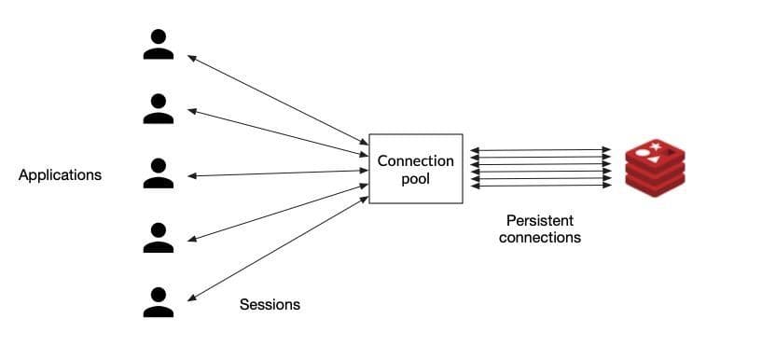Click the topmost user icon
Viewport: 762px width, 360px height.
[x=158, y=45]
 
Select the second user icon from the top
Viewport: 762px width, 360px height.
[x=158, y=108]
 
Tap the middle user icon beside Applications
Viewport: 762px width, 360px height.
[x=158, y=173]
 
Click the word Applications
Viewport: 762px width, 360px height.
[x=60, y=174]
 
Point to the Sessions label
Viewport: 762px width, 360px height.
[x=270, y=305]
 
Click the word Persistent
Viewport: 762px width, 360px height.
[x=539, y=220]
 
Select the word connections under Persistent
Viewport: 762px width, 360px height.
[x=539, y=238]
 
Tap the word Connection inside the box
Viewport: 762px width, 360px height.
[x=415, y=160]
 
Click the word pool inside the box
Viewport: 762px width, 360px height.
[x=415, y=178]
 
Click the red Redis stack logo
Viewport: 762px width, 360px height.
[x=654, y=167]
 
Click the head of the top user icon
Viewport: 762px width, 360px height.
[x=158, y=36]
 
